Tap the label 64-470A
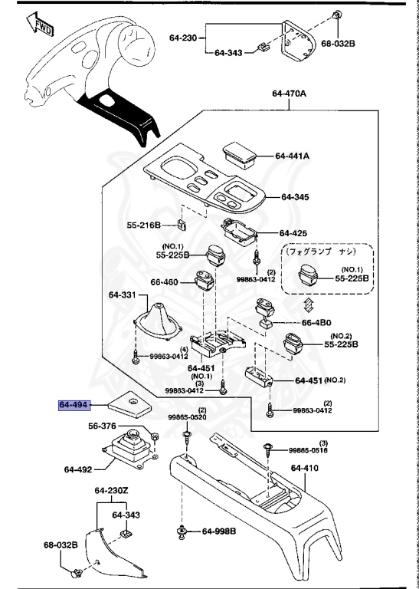pos(289,94)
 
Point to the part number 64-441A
pos(292,156)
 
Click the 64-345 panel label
pos(294,197)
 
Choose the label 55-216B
pos(143,225)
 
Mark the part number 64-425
pos(293,232)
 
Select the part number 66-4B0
pos(316,323)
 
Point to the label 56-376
pos(102,426)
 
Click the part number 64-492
pos(78,469)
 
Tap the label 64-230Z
pos(112,491)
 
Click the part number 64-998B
pos(219,531)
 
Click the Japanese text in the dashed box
pos(326,251)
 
